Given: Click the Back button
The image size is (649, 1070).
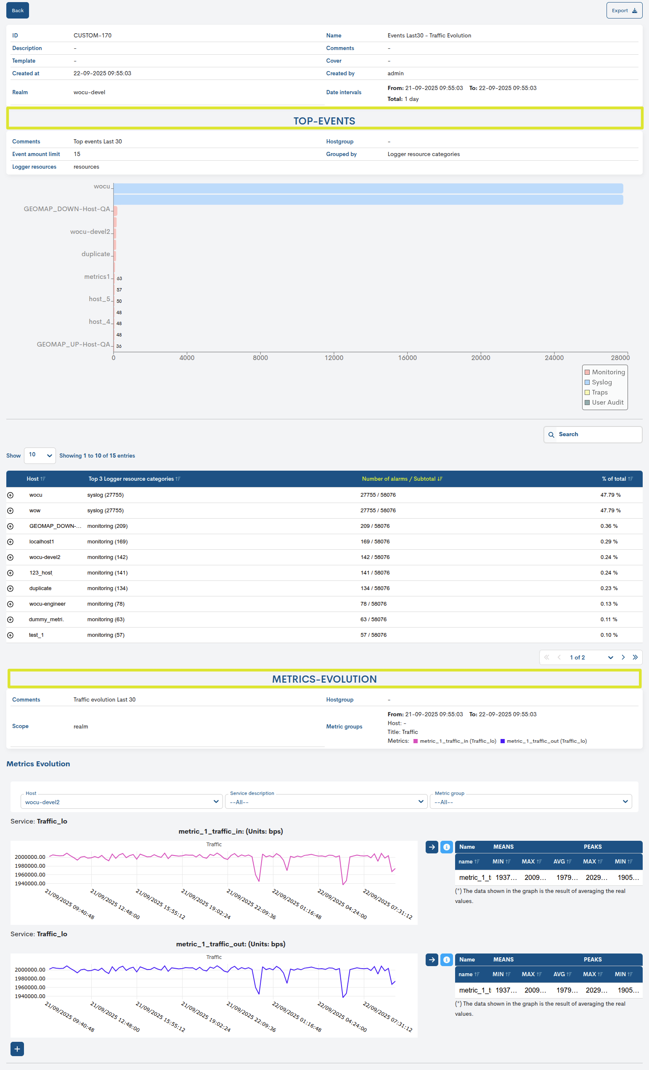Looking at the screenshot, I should click(17, 11).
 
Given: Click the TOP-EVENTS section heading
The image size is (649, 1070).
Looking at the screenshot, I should click(324, 121).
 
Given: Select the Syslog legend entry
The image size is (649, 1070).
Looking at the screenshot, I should click(601, 382).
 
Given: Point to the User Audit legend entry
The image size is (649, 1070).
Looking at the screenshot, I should click(607, 403).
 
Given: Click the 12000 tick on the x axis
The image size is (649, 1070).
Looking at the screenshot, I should click(334, 358).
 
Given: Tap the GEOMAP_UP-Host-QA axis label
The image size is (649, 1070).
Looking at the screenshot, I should click(74, 344).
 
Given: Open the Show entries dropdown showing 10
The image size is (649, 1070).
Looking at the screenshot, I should click(40, 455).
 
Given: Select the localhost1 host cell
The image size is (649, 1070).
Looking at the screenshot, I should click(42, 541).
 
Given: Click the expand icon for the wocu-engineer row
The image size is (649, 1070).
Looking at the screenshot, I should click(11, 604).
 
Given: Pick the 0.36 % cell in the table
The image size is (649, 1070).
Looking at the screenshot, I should click(609, 526).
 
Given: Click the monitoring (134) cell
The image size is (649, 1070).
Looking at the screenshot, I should click(107, 588).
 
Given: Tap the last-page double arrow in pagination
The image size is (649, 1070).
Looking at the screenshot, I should click(635, 657).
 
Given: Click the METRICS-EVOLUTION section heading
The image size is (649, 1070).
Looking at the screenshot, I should click(324, 679).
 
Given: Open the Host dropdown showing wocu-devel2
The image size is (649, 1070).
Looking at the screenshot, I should click(121, 802).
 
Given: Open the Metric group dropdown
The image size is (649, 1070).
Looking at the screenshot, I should click(530, 802).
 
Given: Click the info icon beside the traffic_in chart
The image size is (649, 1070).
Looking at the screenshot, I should click(446, 847).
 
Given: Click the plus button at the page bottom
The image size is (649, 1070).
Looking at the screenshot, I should click(17, 1049).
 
